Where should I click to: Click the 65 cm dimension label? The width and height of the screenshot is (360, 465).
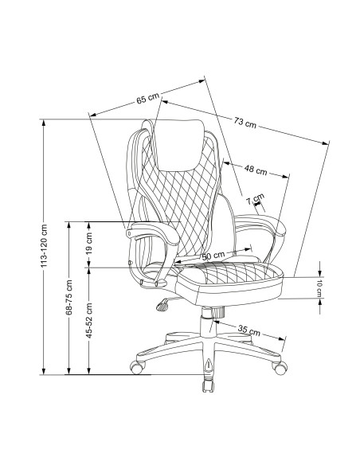[x=147, y=98]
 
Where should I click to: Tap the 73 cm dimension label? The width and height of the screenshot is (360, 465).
[x=245, y=122]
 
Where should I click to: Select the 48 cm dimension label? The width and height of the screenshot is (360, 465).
[x=256, y=170]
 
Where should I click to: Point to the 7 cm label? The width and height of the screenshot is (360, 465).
[x=255, y=199]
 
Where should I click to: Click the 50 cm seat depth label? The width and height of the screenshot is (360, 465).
[x=213, y=255]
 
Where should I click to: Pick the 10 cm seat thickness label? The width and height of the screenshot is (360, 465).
[x=319, y=288]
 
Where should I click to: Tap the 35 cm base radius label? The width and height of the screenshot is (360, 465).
[x=248, y=330]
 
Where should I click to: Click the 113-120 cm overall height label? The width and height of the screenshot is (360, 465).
[x=44, y=246]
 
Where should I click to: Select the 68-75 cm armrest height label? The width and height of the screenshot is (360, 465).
[x=68, y=297]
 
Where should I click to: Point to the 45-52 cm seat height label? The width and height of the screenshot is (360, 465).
[x=89, y=321]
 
